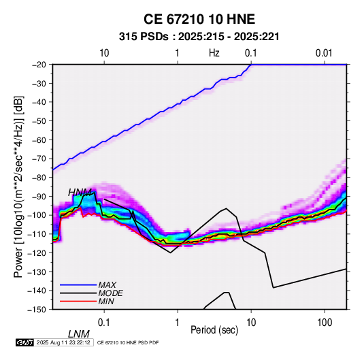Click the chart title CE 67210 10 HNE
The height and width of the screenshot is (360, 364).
[x=199, y=19]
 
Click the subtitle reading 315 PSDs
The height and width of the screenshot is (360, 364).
[x=144, y=37]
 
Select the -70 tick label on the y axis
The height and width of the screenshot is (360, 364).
[x=39, y=159]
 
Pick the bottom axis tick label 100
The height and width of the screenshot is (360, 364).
[x=325, y=323]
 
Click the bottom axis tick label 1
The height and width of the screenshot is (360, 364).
[x=178, y=323]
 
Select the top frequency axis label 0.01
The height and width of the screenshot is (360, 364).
[x=324, y=53]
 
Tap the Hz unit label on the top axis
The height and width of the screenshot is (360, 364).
[x=214, y=53]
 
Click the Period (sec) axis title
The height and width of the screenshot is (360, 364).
[x=214, y=330]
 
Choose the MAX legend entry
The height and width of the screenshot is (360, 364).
[x=107, y=285]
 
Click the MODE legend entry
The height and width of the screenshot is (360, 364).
[x=110, y=293]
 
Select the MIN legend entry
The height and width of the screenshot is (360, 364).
[x=106, y=301]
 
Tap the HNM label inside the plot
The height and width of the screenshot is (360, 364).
[x=80, y=193]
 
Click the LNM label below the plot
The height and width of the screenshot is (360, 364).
[x=79, y=334]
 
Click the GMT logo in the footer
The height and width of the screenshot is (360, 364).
[x=25, y=342]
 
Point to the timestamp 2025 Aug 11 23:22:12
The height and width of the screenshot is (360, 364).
[x=63, y=342]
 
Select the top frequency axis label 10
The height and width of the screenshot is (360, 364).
[x=104, y=53]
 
